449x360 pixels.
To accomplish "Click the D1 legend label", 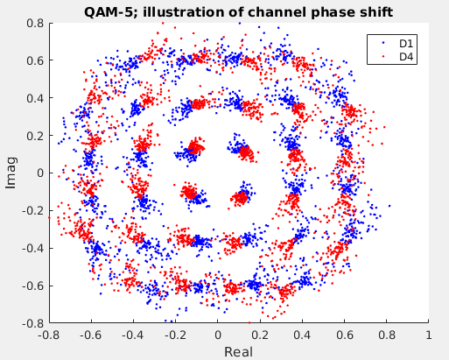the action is (406, 44).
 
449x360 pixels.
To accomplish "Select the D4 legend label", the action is (406, 57).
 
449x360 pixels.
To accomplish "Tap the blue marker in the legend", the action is (383, 43).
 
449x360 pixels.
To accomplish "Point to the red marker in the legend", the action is (383, 56).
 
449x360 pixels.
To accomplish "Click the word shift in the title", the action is (376, 12).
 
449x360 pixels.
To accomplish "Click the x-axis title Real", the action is (238, 352).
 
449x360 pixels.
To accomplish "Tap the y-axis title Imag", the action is (11, 173).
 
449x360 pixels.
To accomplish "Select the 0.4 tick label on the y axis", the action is (35, 98).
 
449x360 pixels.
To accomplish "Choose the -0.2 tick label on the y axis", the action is (32, 211).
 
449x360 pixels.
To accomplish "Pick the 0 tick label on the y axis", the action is (41, 173).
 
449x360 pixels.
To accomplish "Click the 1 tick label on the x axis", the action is (428, 335).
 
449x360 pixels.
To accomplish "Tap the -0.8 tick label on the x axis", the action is (49, 335).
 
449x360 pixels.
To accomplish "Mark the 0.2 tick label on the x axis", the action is (260, 335).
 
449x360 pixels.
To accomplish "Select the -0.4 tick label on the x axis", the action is (133, 335).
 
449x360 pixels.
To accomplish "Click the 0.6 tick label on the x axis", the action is (344, 335).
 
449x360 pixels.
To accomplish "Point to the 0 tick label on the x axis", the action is (218, 335).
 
